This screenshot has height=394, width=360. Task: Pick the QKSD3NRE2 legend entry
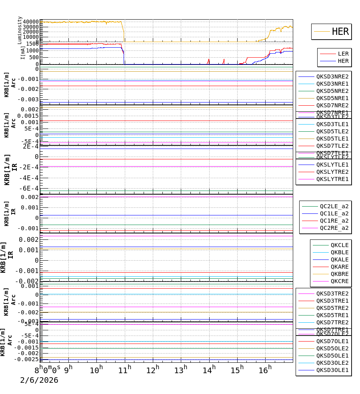pos(332,76)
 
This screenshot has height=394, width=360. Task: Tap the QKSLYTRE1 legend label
pos(332,179)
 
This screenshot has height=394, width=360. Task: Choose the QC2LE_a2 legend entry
pos(334,206)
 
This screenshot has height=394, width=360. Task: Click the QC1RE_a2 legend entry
pos(334,221)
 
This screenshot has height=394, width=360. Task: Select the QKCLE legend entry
pos(339,245)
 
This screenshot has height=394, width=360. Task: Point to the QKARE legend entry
pos(339,267)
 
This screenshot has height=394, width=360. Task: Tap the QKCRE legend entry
pos(339,281)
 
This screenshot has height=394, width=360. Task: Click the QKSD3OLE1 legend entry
pos(332,370)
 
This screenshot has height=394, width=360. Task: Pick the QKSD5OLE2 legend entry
pos(332,348)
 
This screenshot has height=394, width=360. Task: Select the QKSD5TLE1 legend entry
pos(332,139)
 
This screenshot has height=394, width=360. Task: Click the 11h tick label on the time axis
pos(125,370)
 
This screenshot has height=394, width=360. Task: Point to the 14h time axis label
pos(209,370)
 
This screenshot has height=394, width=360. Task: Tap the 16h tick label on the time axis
pos(265,370)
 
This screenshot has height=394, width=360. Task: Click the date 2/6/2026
pos(39,380)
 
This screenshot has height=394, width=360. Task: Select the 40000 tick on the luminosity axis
pos(31,22)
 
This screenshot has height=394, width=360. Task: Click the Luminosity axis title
pos(20,30)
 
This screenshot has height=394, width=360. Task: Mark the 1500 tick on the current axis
pos(32,44)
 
